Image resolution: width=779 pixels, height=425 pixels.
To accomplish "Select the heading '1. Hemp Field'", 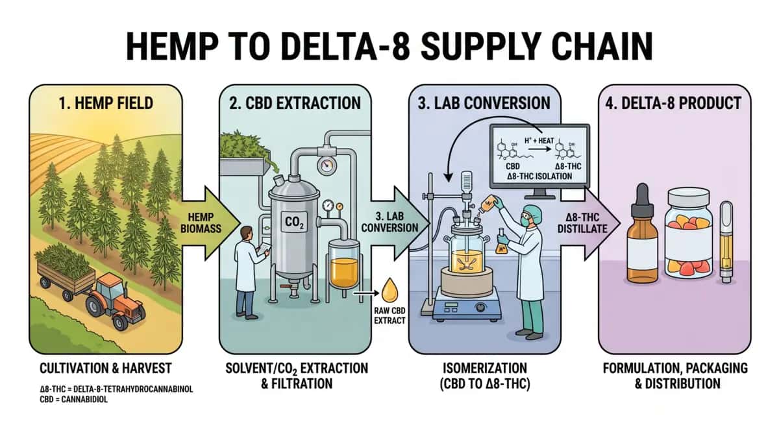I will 104,102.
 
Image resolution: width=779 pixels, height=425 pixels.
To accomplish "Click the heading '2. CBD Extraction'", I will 296,102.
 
